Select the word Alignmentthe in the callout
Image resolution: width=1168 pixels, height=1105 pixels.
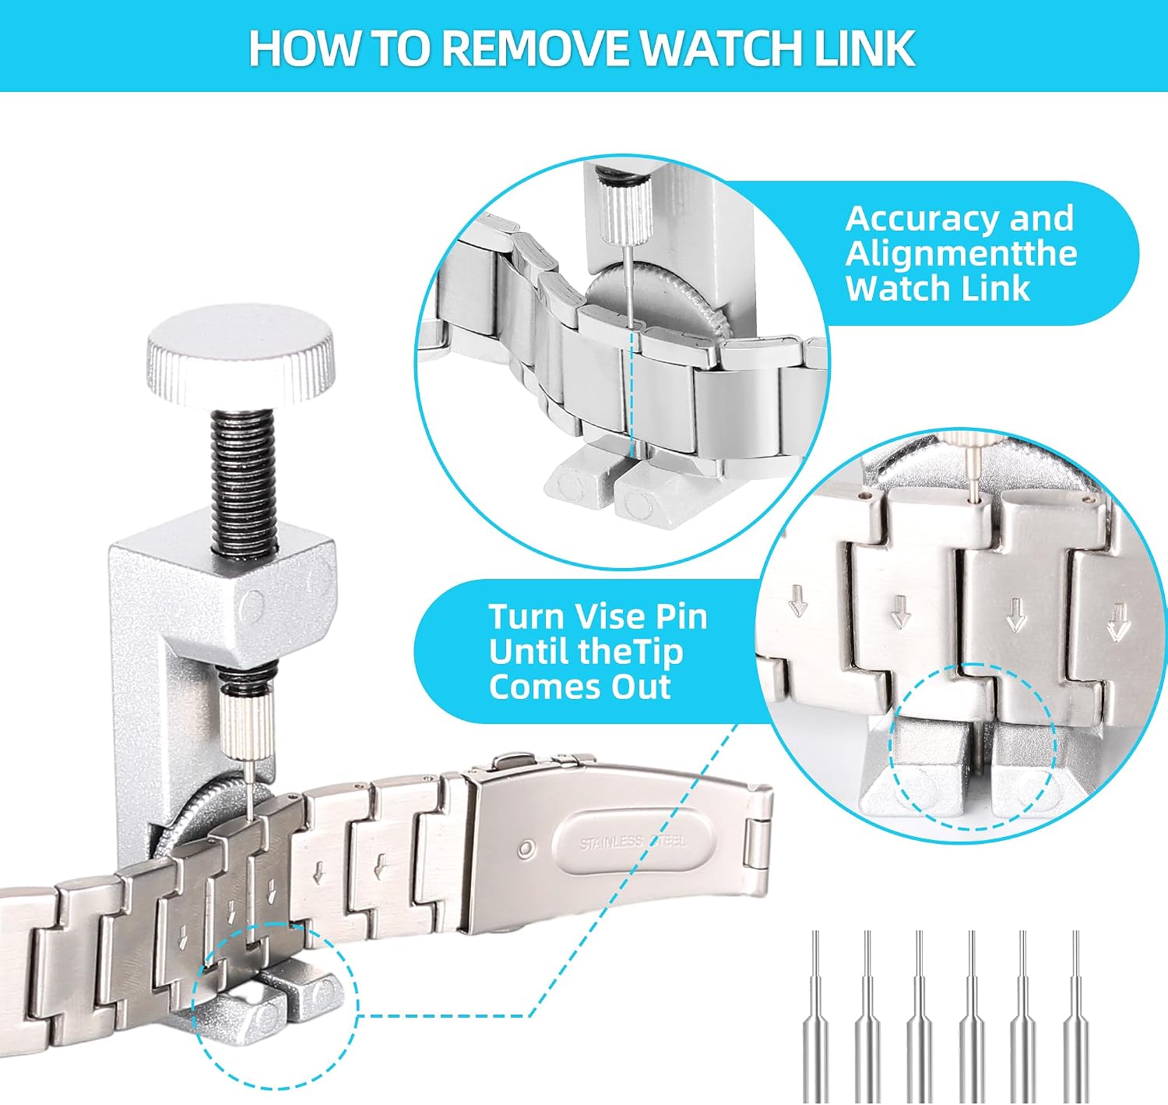(961, 253)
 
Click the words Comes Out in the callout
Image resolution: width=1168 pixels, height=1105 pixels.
(579, 687)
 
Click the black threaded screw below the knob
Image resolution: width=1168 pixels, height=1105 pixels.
(245, 484)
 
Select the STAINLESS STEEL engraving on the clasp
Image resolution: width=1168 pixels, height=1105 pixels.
(632, 842)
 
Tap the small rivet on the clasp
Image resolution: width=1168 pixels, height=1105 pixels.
(525, 847)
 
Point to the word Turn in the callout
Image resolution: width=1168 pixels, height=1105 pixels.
(526, 617)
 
